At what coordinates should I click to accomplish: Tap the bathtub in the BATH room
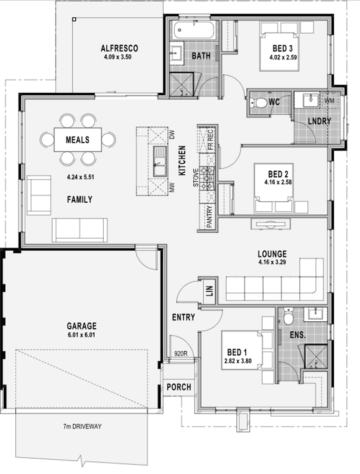[x=195, y=29]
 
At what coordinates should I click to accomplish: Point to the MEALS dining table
[x=77, y=140]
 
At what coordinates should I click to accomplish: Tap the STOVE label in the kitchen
[x=196, y=177]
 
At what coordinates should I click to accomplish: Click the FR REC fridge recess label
[x=211, y=140]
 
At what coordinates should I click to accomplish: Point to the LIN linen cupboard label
[x=210, y=291]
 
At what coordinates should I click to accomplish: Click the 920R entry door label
[x=181, y=353]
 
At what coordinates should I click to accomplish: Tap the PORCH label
[x=179, y=387]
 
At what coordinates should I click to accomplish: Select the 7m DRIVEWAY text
[x=83, y=427]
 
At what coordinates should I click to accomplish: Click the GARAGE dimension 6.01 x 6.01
[x=82, y=335]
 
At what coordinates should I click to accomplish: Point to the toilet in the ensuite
[x=288, y=316]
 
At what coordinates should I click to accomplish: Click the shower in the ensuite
[x=316, y=357]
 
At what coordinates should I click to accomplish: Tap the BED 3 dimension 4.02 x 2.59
[x=283, y=57]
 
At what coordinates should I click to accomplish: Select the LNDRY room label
[x=319, y=121]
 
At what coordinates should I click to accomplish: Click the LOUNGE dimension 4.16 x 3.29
[x=272, y=262]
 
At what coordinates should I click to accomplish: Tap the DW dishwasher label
[x=172, y=134]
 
